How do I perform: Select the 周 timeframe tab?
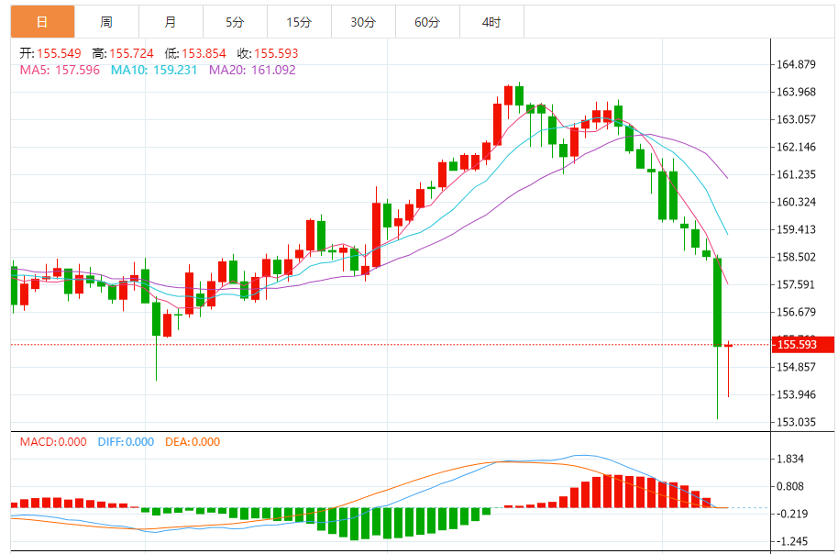pyautogui.click(x=106, y=22)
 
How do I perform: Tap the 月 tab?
pyautogui.click(x=171, y=22)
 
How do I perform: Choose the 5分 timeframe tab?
pyautogui.click(x=235, y=22)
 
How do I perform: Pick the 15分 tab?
pyautogui.click(x=299, y=22)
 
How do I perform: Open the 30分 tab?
pyautogui.click(x=363, y=22)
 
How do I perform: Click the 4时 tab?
pyautogui.click(x=491, y=22)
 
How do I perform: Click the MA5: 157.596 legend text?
pyautogui.click(x=61, y=70)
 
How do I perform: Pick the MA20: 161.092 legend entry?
pyautogui.click(x=253, y=70)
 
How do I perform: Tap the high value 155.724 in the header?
pyautogui.click(x=132, y=53)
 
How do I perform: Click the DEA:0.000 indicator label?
pyautogui.click(x=193, y=442)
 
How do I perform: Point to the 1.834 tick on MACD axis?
pyautogui.click(x=791, y=459)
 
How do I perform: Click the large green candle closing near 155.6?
pyautogui.click(x=718, y=302)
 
